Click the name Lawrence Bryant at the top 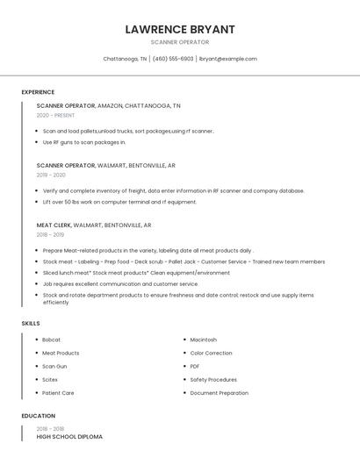point(180,29)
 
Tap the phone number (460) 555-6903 point(173,59)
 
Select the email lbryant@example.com point(228,59)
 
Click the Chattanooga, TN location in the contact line point(125,59)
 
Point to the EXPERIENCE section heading point(38,92)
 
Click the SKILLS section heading point(30,324)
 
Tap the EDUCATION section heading point(38,416)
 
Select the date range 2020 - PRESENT point(55,115)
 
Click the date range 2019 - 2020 point(51,175)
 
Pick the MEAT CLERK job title point(54,225)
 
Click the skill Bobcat point(51,340)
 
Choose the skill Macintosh point(203,340)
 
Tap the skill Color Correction point(211,353)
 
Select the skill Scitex point(50,380)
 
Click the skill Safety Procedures point(213,380)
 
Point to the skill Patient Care point(58,393)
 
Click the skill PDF point(195,367)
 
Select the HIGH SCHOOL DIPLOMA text point(69,436)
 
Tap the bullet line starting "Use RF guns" point(84,142)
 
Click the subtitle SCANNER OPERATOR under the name point(180,42)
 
